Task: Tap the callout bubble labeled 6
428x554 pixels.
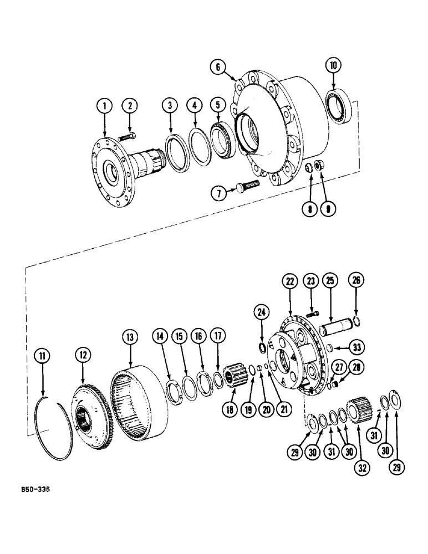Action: tap(218, 67)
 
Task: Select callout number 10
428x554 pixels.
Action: tap(334, 66)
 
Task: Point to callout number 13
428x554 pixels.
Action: tap(130, 337)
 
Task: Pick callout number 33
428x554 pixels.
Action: tap(358, 348)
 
